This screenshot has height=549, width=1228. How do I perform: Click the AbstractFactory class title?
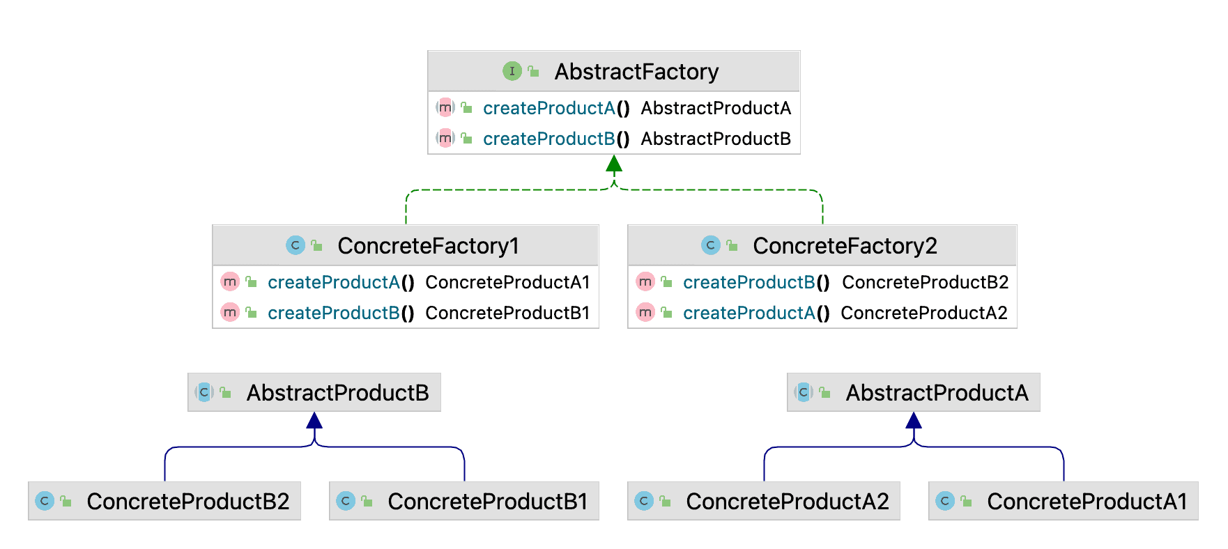(636, 72)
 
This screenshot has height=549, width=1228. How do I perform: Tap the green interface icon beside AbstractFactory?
(512, 71)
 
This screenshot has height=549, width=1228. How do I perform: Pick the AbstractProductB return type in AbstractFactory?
(716, 139)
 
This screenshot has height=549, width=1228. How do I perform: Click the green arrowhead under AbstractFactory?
(614, 164)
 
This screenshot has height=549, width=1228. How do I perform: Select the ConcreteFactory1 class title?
(428, 246)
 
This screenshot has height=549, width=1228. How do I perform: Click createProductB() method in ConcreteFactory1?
(340, 313)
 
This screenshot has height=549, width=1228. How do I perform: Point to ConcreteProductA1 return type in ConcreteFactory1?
(507, 282)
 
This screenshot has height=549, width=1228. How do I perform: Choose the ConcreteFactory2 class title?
(844, 246)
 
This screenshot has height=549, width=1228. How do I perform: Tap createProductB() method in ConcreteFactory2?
(755, 282)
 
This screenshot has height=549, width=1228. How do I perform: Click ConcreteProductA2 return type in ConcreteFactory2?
(923, 313)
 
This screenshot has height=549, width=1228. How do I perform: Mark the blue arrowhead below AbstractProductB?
(314, 420)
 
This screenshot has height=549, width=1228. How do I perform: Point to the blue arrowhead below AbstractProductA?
(914, 420)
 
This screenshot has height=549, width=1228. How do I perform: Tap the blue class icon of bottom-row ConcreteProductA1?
(944, 501)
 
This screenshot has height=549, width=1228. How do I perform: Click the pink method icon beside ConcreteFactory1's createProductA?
(230, 281)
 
